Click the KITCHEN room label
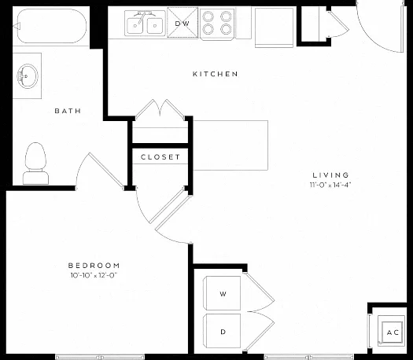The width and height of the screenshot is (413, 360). (x=216, y=74)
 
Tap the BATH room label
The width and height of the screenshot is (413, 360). (x=68, y=111)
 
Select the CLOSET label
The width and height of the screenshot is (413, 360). (x=160, y=157)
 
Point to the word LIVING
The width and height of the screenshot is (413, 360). (x=330, y=175)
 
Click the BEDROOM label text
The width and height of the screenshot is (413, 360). (x=94, y=265)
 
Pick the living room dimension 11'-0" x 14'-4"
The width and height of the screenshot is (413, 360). (x=330, y=185)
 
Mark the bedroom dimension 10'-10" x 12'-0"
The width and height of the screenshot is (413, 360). (x=94, y=275)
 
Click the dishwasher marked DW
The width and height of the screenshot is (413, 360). (x=183, y=23)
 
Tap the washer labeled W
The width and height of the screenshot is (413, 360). (x=222, y=293)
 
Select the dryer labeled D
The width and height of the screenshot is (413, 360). (x=222, y=331)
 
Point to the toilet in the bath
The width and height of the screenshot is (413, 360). (x=35, y=163)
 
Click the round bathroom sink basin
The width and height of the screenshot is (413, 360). (x=28, y=76)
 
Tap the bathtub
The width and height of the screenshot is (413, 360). (x=50, y=26)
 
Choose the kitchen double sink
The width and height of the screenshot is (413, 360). (x=145, y=23)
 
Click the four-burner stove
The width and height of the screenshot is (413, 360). (x=217, y=24)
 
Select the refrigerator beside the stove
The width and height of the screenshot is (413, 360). (x=274, y=28)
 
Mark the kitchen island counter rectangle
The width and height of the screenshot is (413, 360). (x=230, y=145)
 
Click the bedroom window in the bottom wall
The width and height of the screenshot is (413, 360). (x=100, y=357)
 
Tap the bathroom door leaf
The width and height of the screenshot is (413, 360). (x=106, y=171)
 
